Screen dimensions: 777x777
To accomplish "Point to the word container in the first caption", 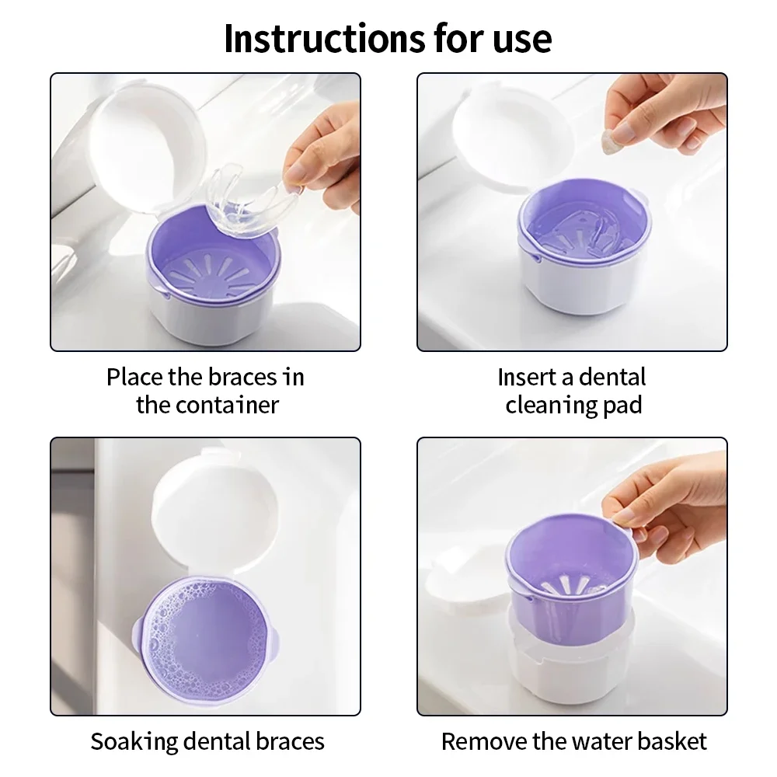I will [x=230, y=405].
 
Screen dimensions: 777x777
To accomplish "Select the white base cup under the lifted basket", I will [x=571, y=668].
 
